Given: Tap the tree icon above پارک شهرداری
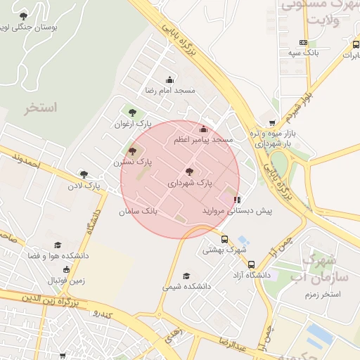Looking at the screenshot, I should [188, 171].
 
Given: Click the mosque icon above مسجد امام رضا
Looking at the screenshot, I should [169, 79].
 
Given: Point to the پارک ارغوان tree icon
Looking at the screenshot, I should [131, 112].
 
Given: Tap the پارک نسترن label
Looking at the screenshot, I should [133, 162].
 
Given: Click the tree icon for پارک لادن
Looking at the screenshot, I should [84, 174].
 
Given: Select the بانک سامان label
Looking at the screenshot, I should [139, 210].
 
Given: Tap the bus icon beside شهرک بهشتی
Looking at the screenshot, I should [225, 239].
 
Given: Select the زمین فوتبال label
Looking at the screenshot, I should [66, 281].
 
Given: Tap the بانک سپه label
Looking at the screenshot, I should [303, 53].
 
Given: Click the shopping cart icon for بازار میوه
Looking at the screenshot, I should [272, 122].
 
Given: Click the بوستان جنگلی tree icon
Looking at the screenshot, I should [24, 15].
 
